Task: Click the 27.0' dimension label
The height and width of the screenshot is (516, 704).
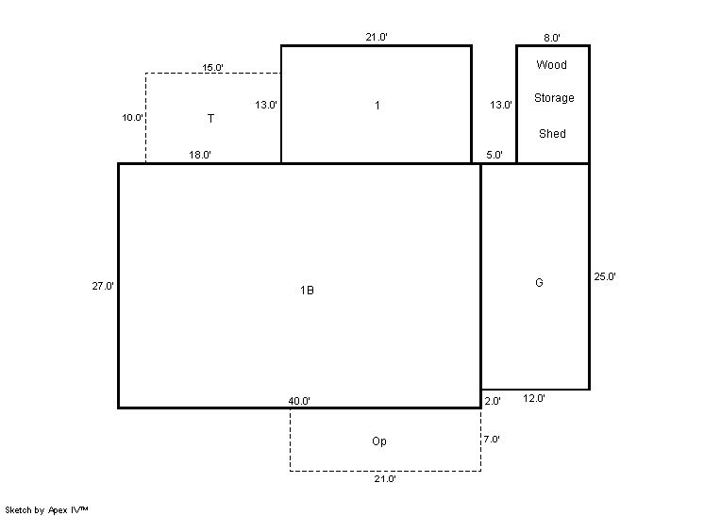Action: [x=103, y=286]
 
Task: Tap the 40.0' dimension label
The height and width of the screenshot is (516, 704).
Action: [x=299, y=401]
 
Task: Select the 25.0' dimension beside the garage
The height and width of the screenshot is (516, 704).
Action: [x=605, y=276]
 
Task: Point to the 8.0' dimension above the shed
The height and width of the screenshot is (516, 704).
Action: [x=552, y=38]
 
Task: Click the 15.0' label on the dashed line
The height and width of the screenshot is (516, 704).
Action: [x=212, y=67]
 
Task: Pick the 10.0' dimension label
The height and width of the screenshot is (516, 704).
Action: [x=132, y=118]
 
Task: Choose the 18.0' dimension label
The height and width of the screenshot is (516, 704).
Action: [x=200, y=155]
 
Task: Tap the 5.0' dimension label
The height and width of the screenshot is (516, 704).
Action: [x=494, y=155]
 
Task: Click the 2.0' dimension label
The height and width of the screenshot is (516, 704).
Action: [x=493, y=401]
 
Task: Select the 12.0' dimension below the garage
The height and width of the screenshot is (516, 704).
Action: [x=534, y=398]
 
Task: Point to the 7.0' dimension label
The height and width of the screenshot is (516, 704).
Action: [x=492, y=440]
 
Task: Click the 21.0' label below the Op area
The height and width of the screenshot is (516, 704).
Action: [x=385, y=479]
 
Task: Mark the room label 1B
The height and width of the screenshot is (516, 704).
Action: [x=307, y=291]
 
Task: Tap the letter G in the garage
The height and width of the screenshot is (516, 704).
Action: [x=539, y=282]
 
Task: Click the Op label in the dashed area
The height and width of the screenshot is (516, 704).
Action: [x=379, y=441]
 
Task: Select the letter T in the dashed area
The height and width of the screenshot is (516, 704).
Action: [x=210, y=119]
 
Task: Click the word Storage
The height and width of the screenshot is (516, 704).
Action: [x=554, y=98]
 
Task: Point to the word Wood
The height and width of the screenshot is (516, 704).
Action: [x=551, y=64]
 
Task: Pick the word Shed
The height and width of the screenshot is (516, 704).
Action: [x=552, y=133]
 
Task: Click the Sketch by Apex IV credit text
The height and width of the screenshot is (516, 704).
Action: [x=46, y=509]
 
